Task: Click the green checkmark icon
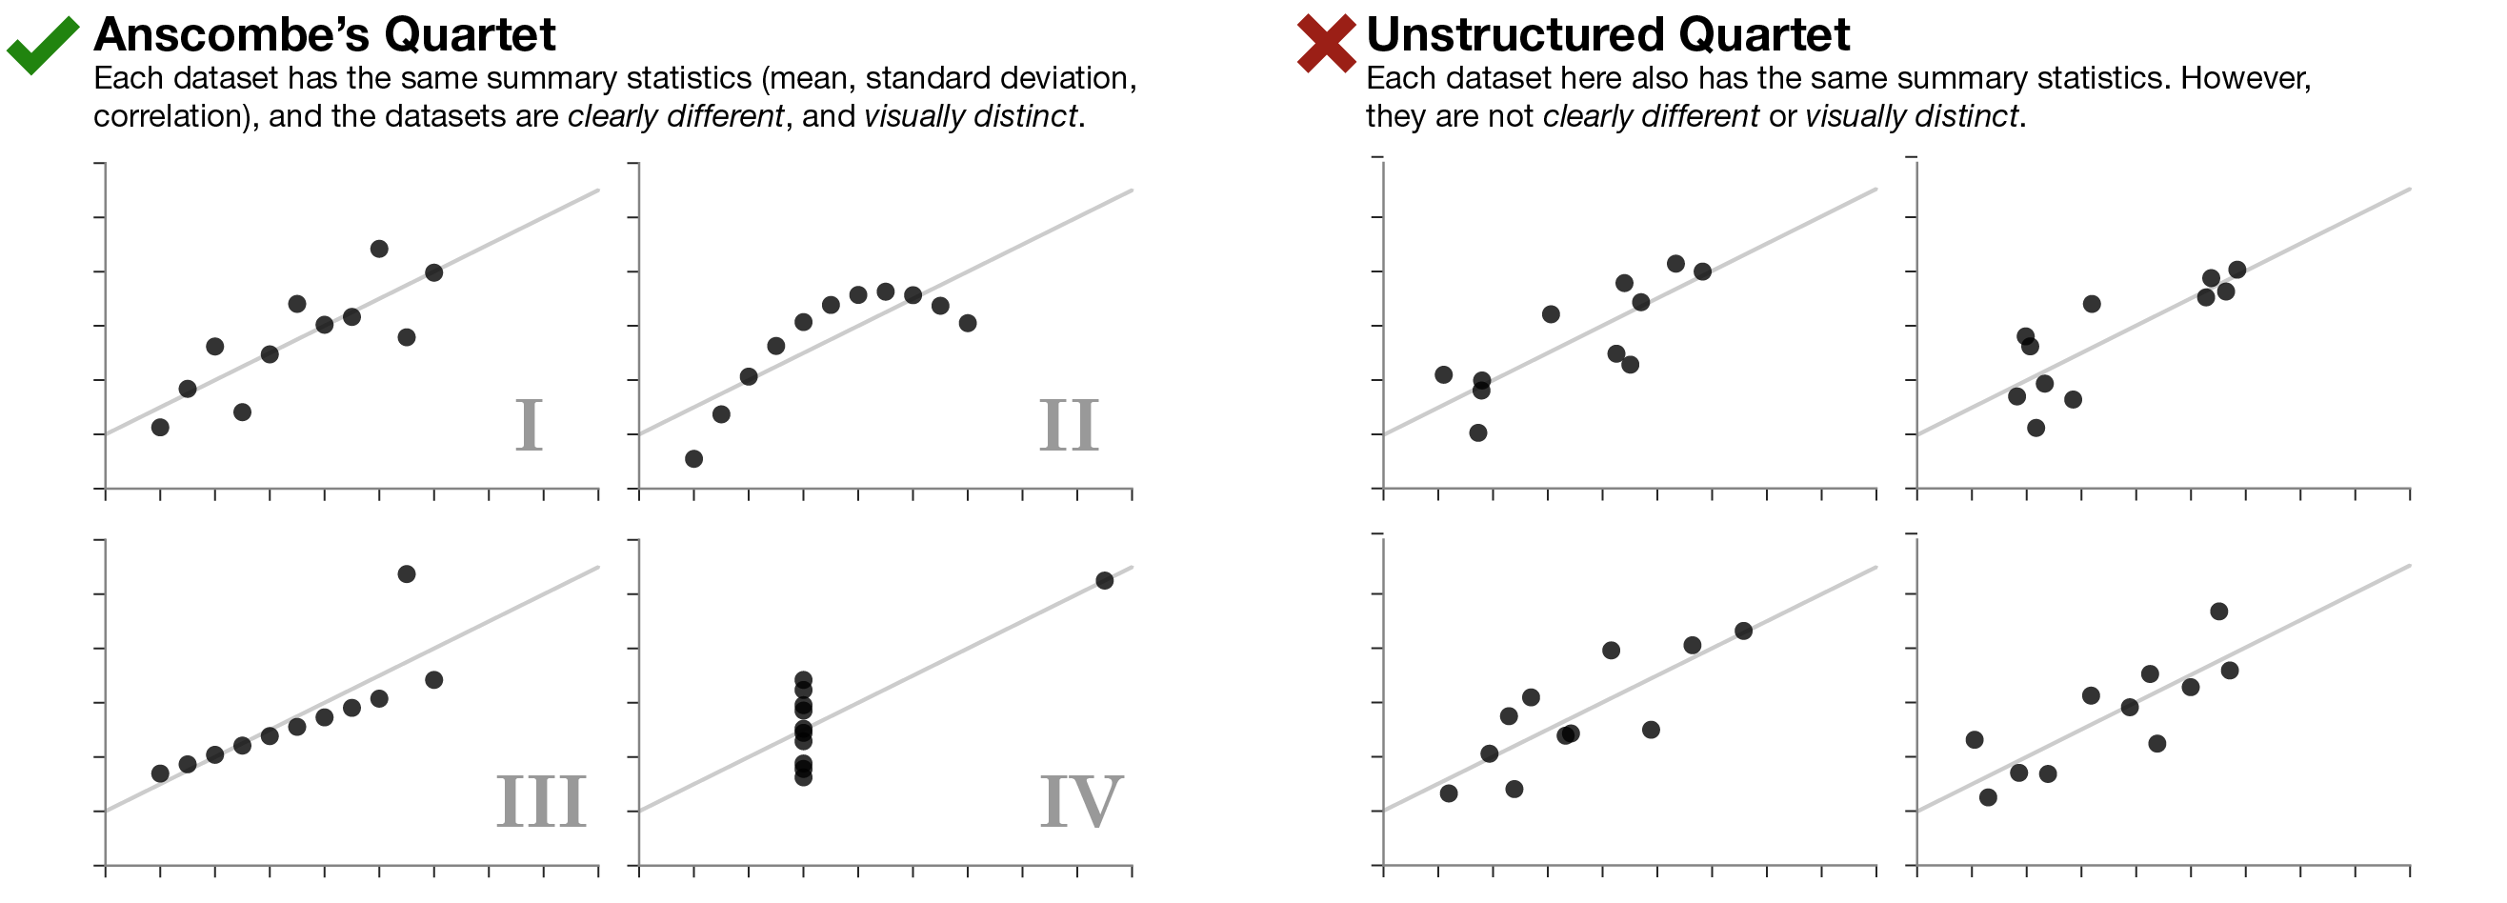pyautogui.click(x=42, y=45)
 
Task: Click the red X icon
pyautogui.click(x=1326, y=44)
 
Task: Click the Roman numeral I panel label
pyautogui.click(x=529, y=425)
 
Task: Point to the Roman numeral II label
pyautogui.click(x=1069, y=425)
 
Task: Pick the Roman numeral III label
pyautogui.click(x=541, y=802)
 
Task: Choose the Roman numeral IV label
pyautogui.click(x=1081, y=802)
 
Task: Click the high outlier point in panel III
pyautogui.click(x=407, y=574)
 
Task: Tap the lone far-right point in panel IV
pyautogui.click(x=1105, y=581)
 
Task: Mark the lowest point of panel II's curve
pyautogui.click(x=693, y=459)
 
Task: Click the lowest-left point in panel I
pyautogui.click(x=161, y=427)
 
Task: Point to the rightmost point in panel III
pyautogui.click(x=434, y=680)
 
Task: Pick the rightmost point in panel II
pyautogui.click(x=968, y=323)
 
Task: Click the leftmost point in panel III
pyautogui.click(x=161, y=773)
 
